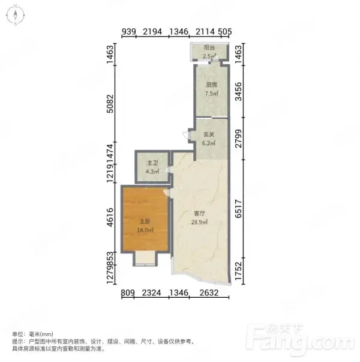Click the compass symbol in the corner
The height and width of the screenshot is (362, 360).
click(x=16, y=15)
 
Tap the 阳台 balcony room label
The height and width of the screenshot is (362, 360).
click(x=209, y=48)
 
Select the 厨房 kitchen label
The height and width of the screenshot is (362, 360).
click(x=211, y=85)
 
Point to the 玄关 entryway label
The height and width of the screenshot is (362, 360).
click(x=209, y=134)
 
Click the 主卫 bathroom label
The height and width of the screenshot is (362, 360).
click(x=152, y=163)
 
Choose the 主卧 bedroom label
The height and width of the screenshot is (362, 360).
click(x=145, y=222)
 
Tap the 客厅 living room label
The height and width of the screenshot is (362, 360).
click(x=199, y=213)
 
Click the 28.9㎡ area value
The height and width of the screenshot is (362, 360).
click(x=199, y=222)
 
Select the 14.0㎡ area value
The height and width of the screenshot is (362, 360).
click(x=145, y=230)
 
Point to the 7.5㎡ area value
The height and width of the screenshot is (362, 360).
click(x=212, y=94)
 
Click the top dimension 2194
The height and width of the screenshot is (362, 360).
click(x=152, y=32)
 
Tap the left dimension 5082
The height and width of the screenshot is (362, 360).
click(x=110, y=104)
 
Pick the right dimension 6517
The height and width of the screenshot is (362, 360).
click(x=238, y=209)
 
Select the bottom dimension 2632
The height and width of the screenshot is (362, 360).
click(x=209, y=293)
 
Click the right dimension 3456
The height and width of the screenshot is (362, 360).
click(x=238, y=92)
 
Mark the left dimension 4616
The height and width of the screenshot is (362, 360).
click(x=110, y=217)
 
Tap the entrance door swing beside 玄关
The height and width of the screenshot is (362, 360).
click(x=185, y=135)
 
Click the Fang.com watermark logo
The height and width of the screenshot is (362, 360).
click(x=300, y=339)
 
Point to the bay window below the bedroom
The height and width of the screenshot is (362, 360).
click(x=145, y=259)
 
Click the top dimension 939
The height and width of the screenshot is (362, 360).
click(x=128, y=32)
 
